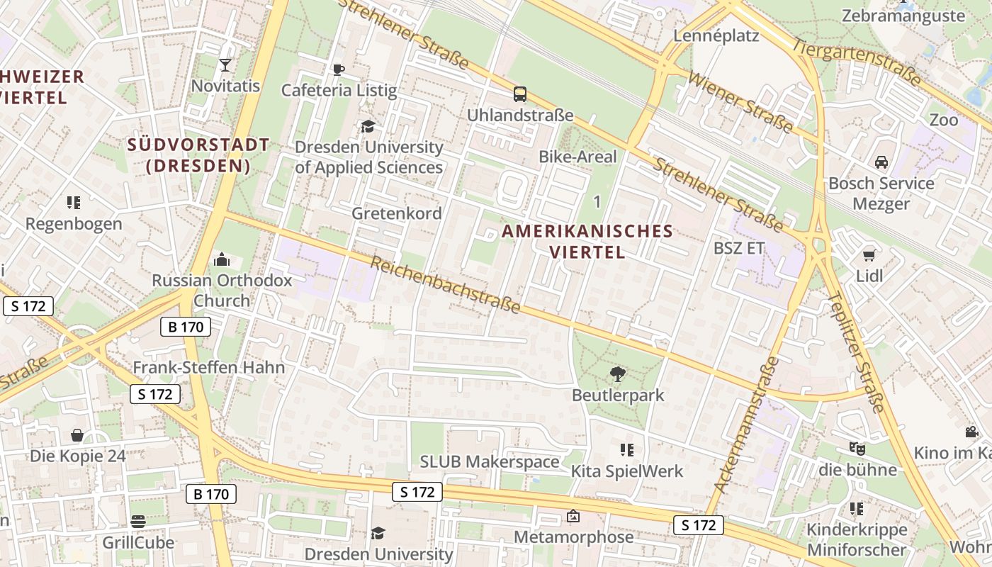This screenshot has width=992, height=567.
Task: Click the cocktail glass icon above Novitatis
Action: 225,65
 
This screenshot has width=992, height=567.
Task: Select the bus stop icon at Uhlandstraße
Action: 520,94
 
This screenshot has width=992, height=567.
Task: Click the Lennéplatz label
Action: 716,35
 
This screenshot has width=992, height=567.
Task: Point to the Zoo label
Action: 943,120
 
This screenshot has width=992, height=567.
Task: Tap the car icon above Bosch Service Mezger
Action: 881,162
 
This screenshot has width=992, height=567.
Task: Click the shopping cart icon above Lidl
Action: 869,255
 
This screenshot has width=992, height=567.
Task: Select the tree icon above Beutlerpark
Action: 618,374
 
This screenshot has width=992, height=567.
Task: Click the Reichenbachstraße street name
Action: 446,285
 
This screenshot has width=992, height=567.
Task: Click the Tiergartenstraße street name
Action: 857,62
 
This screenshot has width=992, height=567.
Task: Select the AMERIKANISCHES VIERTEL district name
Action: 587,241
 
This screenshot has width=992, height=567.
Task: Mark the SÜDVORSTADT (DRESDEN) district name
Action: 198,155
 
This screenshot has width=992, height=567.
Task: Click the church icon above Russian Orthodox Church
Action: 222,259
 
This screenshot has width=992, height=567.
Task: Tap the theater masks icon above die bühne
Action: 857,449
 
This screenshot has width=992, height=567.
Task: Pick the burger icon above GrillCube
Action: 138,522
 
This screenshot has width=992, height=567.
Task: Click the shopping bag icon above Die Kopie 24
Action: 77,435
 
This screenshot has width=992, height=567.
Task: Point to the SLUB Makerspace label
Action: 490,462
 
